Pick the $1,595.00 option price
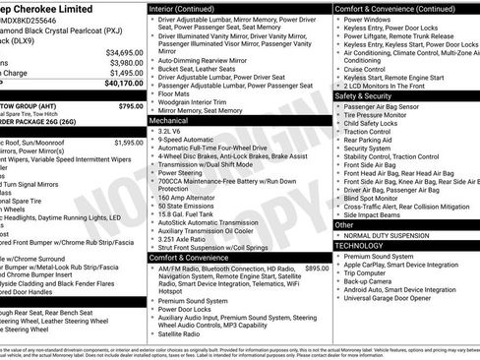(128, 143)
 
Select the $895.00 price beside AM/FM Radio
(317, 268)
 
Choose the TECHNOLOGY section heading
(363, 246)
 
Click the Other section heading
(344, 225)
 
